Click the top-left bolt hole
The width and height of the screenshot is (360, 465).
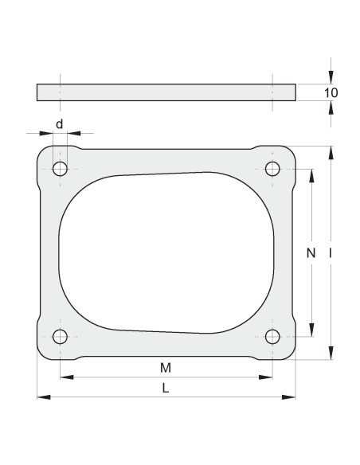60,169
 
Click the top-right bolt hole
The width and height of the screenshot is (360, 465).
272,169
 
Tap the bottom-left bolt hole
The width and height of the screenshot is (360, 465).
60,336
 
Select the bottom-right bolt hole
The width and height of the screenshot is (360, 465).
272,336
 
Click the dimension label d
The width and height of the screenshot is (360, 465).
59,124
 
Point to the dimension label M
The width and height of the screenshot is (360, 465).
165,368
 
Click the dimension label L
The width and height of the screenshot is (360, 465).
165,388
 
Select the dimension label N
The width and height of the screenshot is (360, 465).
311,253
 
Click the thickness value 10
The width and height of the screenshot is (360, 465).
332,93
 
